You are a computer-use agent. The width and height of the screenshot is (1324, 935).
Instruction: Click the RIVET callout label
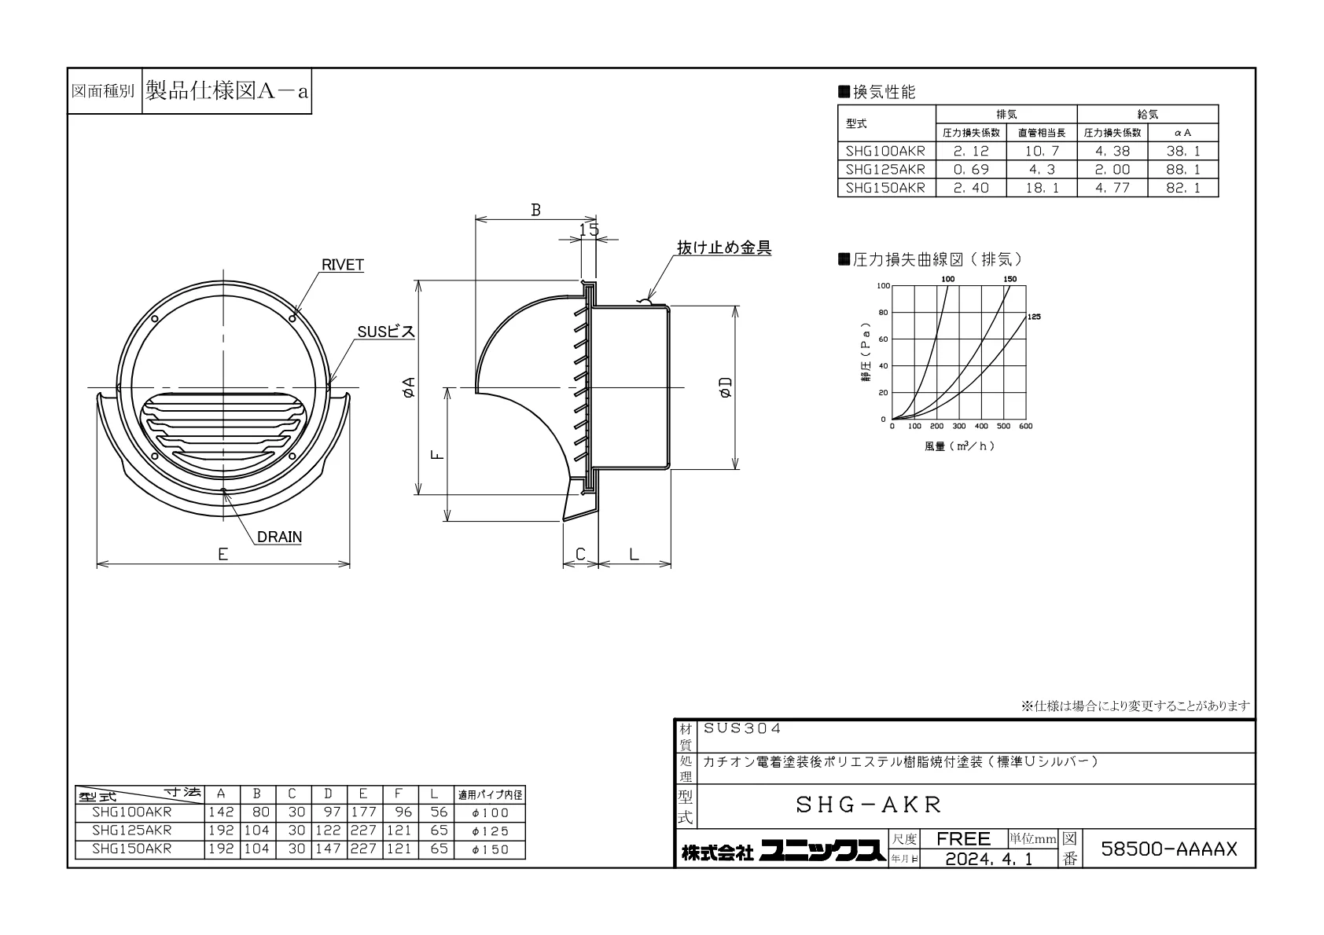342,265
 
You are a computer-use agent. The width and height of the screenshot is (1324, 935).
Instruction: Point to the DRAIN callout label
279,537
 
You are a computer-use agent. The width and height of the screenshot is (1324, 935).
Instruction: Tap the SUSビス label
386,332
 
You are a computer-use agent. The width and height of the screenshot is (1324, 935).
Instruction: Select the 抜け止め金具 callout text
724,247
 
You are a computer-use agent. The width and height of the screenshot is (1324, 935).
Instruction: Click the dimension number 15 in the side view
589,229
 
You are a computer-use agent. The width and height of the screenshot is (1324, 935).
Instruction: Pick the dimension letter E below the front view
223,554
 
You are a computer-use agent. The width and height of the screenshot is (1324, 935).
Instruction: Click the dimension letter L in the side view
634,554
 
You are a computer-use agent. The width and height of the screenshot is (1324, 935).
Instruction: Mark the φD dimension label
726,387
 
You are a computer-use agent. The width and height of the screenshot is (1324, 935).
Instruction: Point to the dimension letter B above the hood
535,211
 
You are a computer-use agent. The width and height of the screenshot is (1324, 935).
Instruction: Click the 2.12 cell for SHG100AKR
971,151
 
